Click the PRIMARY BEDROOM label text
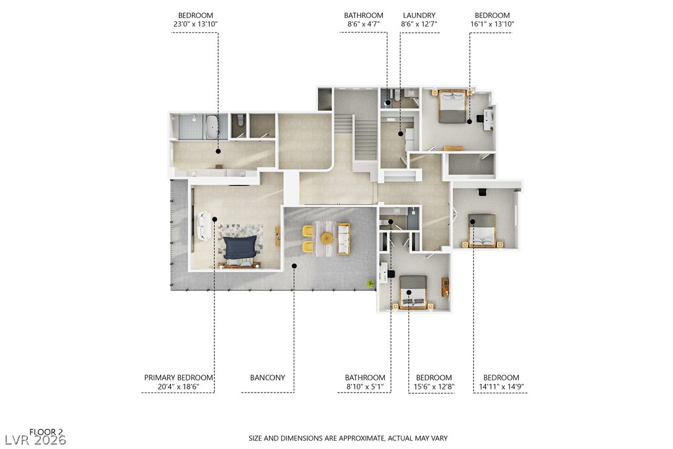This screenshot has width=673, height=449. click(x=178, y=378)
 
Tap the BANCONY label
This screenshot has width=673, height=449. click(x=267, y=378)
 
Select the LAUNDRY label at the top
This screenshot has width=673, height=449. click(x=419, y=16)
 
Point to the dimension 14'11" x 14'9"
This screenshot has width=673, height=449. click(x=501, y=387)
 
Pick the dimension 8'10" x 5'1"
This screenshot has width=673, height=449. click(x=365, y=387)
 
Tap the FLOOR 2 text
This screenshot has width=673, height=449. click(x=46, y=432)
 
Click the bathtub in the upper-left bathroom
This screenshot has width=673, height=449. click(x=212, y=126)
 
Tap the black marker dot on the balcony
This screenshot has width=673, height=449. click(x=294, y=265)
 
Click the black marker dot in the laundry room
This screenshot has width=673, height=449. click(x=401, y=133)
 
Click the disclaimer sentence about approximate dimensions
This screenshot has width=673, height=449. click(x=348, y=438)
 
